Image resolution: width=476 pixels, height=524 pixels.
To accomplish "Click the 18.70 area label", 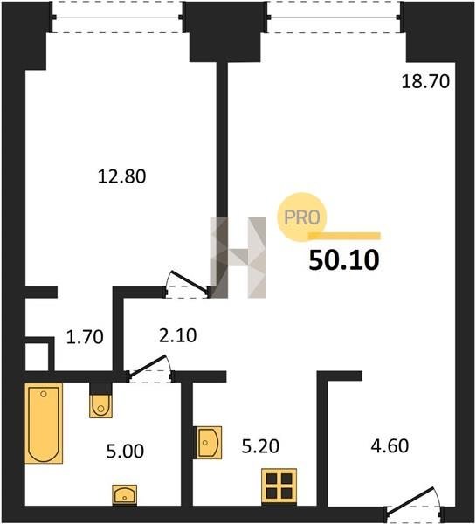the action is (425, 81).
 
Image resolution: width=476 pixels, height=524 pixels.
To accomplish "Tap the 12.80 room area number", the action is (121, 176).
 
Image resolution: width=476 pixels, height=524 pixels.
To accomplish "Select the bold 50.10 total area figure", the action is (344, 260).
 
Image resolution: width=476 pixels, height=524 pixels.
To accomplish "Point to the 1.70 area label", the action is (85, 337).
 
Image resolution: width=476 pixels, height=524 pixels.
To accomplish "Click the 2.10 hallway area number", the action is (177, 335).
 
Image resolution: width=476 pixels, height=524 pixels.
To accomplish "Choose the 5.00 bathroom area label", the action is (125, 452).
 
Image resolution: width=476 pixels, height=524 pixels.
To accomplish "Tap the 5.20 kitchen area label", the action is (260, 446).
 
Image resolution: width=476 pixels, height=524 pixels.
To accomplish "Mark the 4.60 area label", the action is (390, 445).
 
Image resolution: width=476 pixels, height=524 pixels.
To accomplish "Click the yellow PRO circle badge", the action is (302, 217).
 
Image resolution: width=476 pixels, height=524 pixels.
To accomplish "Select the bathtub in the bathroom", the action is (44, 423).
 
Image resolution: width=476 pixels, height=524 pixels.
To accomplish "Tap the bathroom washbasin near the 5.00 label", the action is (124, 494).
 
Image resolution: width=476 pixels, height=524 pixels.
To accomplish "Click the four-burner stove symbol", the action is (279, 486).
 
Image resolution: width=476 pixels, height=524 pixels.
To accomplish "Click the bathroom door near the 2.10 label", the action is (149, 369).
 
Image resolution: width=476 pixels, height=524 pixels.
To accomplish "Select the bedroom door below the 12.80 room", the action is (188, 284).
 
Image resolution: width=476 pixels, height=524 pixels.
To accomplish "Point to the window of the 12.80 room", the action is (117, 17).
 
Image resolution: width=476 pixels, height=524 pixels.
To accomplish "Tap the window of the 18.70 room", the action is (334, 17).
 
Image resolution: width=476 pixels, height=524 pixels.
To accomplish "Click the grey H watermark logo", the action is (238, 258).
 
